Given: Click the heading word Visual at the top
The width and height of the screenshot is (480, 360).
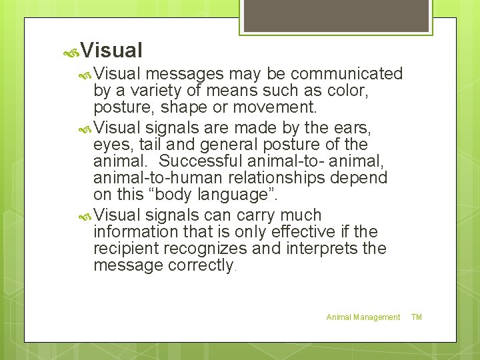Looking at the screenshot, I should coord(112,50).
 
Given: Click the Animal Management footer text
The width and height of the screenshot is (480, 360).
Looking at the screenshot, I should coord(363,317).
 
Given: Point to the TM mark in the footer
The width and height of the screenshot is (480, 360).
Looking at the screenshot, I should coord(417,317).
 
